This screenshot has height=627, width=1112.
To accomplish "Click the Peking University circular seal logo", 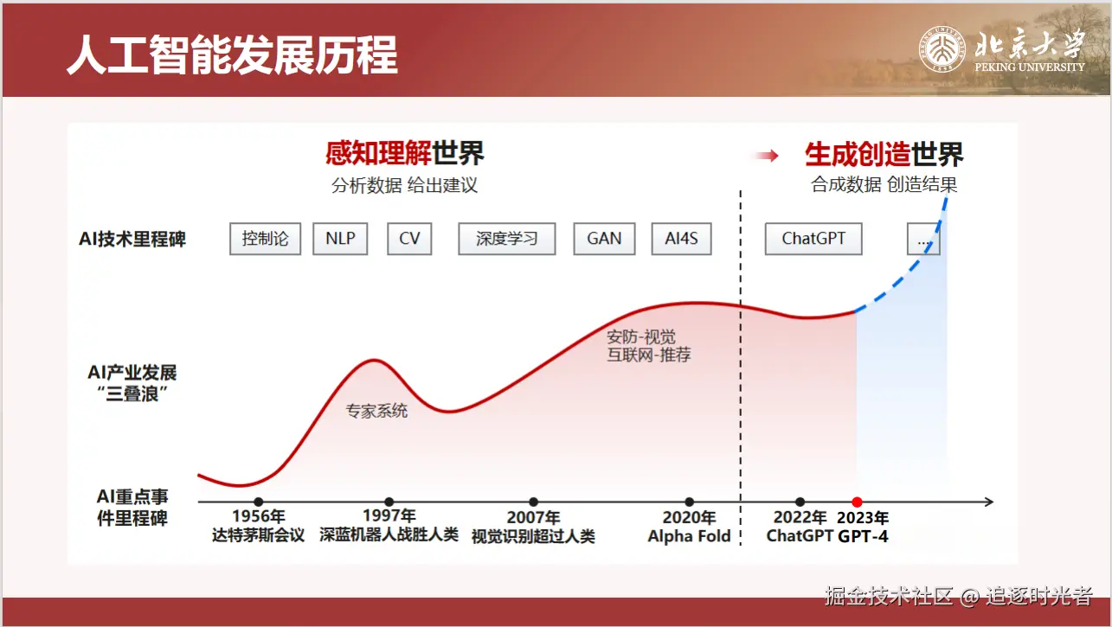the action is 942,49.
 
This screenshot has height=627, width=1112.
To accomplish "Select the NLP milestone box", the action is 340,239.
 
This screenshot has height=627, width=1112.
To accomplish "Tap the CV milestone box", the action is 409,239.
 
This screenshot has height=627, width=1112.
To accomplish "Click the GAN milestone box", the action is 604,239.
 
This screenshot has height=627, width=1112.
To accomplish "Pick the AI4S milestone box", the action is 681,239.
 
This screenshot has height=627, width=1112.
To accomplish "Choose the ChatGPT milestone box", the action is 813,239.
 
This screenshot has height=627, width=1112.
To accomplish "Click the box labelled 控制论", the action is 265,239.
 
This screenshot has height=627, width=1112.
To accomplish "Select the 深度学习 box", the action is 507,239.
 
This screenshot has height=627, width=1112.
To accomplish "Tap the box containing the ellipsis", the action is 923,239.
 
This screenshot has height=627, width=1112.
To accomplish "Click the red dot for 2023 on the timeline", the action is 857,502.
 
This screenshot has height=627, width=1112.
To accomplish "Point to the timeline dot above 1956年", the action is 258,502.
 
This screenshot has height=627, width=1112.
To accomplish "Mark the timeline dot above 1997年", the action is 389,502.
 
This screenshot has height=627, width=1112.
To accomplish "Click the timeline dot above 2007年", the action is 534,502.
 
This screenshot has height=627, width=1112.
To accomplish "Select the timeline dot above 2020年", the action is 689,502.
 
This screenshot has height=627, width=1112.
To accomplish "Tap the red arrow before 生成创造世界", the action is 767,156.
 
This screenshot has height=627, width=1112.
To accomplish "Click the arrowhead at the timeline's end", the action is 989,502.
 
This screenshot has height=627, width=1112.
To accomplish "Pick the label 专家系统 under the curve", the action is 376,411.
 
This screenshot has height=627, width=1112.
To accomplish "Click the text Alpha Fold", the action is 689,535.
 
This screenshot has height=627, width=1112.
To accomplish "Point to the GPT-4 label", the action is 863,535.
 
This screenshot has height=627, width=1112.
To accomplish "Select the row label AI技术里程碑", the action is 132,239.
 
